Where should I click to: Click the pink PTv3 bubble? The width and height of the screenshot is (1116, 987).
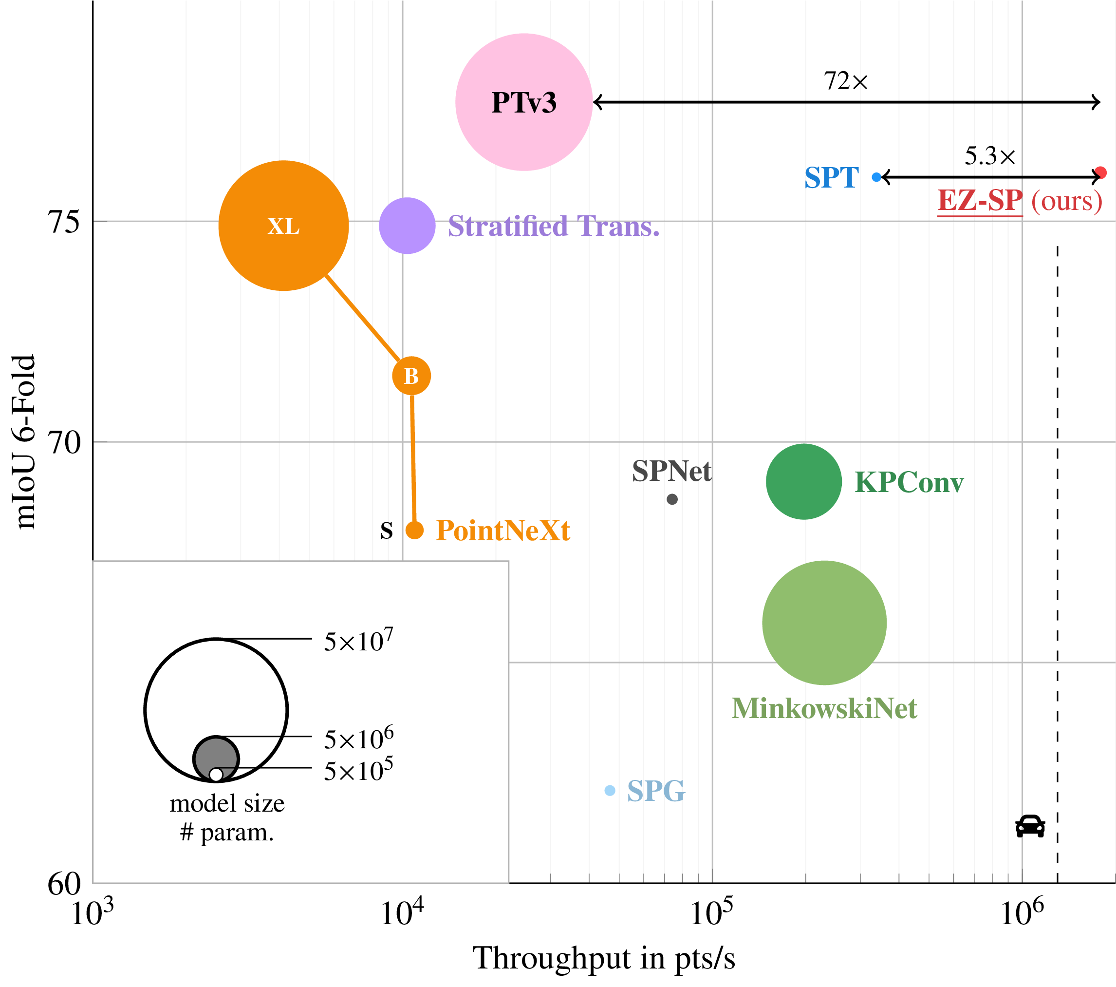click(x=523, y=102)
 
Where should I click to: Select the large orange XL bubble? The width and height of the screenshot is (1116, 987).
click(x=283, y=226)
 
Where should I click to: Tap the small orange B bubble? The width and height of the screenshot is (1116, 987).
click(x=411, y=376)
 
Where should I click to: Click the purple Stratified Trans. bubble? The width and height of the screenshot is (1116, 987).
click(x=407, y=226)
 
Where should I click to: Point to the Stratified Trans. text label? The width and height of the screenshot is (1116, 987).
click(x=553, y=226)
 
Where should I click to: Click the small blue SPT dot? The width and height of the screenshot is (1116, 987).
click(x=876, y=177)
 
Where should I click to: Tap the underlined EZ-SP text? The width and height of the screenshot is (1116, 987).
click(x=980, y=201)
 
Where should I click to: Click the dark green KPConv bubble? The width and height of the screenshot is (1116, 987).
click(x=804, y=481)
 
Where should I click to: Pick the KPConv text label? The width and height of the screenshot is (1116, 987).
click(x=909, y=483)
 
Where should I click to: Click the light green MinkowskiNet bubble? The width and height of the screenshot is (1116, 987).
click(x=824, y=622)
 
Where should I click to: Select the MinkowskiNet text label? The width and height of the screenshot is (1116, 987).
click(x=824, y=708)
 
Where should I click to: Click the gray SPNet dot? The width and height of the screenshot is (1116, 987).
click(x=672, y=499)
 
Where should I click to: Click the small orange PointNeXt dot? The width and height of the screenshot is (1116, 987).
click(x=414, y=531)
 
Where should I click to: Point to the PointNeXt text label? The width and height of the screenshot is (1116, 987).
click(x=503, y=531)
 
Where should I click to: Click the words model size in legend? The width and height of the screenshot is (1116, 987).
click(x=227, y=803)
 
